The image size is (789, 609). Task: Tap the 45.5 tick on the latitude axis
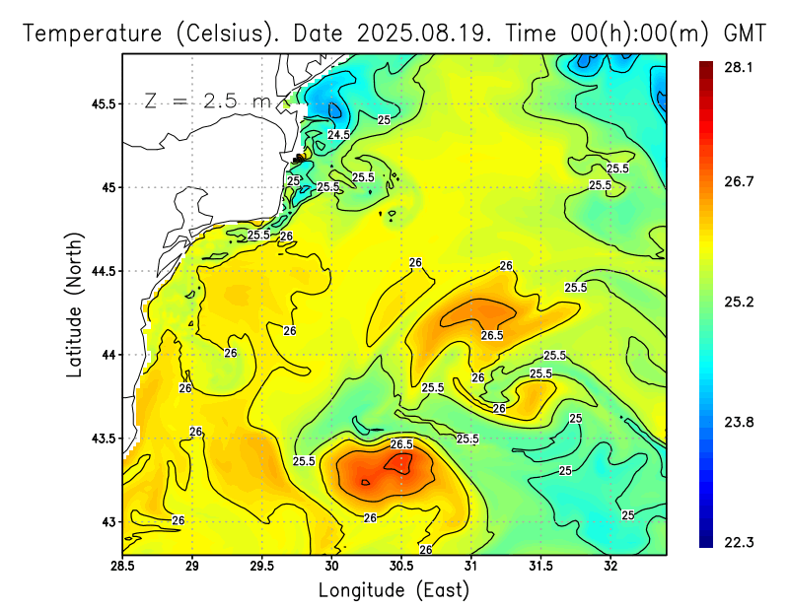click(101, 103)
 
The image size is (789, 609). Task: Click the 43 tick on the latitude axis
click(108, 521)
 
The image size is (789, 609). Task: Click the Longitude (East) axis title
click(394, 589)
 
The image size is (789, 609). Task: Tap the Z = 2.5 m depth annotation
click(205, 101)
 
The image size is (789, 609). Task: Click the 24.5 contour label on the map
click(339, 134)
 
